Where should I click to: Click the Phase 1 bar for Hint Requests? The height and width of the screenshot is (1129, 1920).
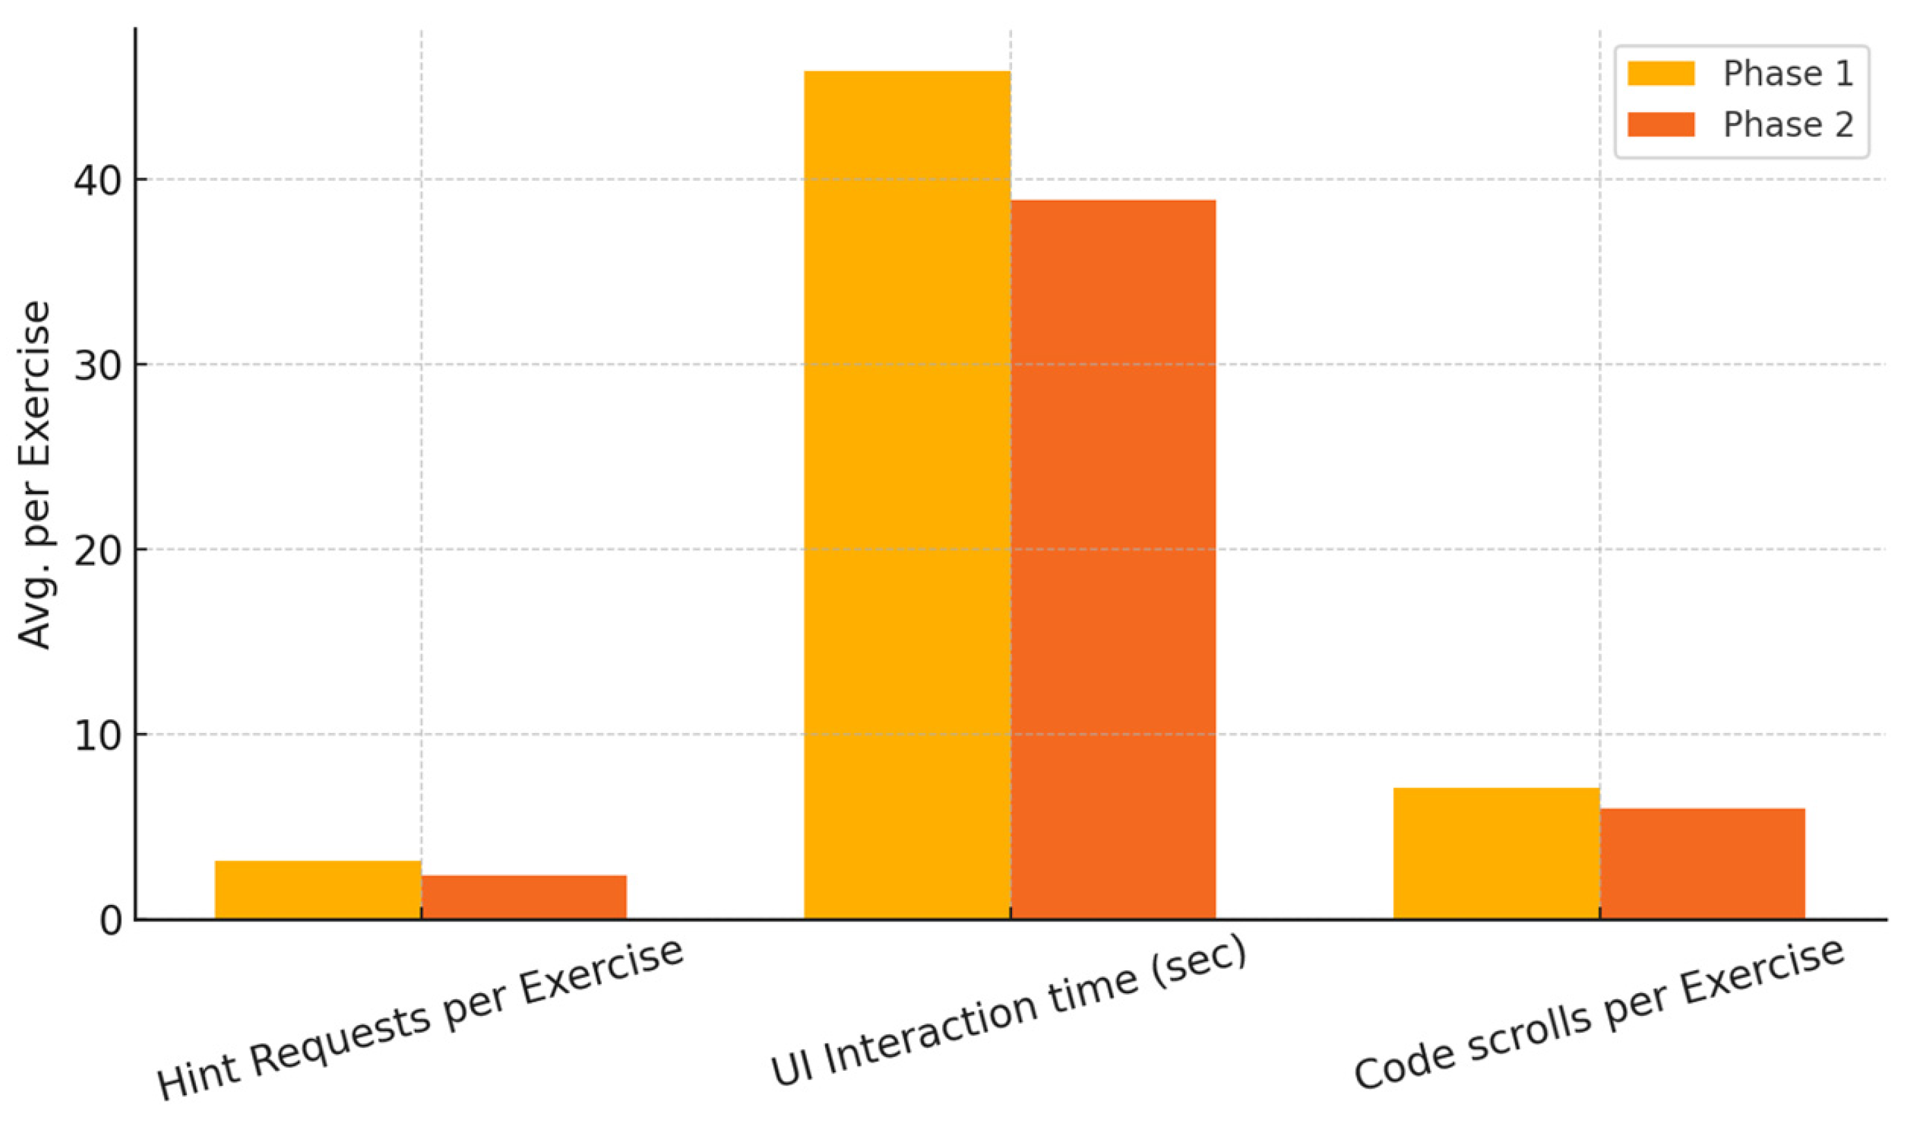317,890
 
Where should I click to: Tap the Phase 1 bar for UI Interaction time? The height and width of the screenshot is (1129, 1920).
907,495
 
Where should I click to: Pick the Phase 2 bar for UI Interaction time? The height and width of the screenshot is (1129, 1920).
1113,560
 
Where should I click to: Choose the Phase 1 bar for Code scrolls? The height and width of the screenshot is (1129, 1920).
1495,853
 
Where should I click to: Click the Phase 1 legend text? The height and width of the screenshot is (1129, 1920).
1787,74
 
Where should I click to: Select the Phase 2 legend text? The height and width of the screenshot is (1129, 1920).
1787,125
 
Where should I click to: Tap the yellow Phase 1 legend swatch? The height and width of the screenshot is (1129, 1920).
1660,74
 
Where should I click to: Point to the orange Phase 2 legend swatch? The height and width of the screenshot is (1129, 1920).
1660,125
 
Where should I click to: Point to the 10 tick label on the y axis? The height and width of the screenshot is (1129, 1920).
97,736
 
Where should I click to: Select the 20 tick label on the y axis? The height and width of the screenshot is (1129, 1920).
97,551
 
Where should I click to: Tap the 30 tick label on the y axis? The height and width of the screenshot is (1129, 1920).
97,366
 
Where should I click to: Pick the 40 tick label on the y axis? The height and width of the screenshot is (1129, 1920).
97,180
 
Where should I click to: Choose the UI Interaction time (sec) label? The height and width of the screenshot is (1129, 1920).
1008,1011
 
